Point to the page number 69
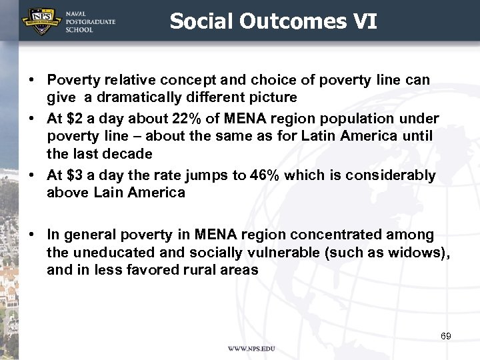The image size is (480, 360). point(446,336)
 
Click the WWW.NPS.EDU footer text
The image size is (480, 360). point(251,349)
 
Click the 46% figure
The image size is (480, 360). point(264,175)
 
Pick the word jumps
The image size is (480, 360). point(189,175)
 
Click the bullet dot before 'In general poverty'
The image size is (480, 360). point(33,235)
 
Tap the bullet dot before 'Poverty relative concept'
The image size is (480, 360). point(33,80)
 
